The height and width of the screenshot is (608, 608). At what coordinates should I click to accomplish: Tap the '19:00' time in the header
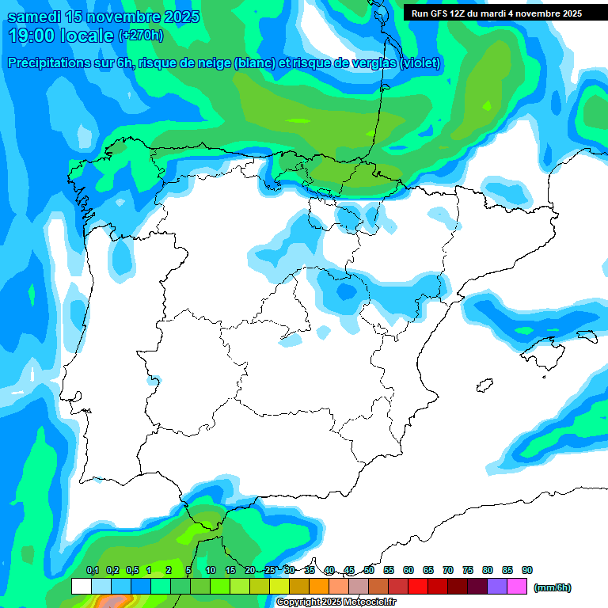click(x=32, y=36)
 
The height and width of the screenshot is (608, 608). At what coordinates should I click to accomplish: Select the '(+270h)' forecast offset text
click(x=141, y=36)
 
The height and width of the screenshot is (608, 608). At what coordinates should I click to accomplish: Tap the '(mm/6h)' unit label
click(x=552, y=587)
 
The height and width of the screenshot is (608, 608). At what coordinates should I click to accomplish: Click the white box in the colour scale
click(x=81, y=586)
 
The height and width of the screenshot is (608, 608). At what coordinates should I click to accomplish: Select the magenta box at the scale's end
click(x=517, y=586)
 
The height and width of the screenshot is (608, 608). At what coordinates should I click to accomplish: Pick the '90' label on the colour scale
click(x=527, y=570)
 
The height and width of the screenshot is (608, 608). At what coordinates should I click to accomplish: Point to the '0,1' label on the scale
click(x=93, y=570)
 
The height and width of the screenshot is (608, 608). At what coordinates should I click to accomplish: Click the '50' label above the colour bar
click(x=369, y=570)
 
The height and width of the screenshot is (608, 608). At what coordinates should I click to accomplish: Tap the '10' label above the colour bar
click(x=211, y=570)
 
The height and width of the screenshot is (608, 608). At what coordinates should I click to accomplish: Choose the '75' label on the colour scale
click(x=468, y=570)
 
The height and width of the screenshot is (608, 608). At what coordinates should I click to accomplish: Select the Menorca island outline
click(x=587, y=336)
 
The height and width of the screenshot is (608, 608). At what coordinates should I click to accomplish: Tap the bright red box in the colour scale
click(x=418, y=586)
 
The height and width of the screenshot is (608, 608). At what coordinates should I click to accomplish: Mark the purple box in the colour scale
click(x=497, y=586)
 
